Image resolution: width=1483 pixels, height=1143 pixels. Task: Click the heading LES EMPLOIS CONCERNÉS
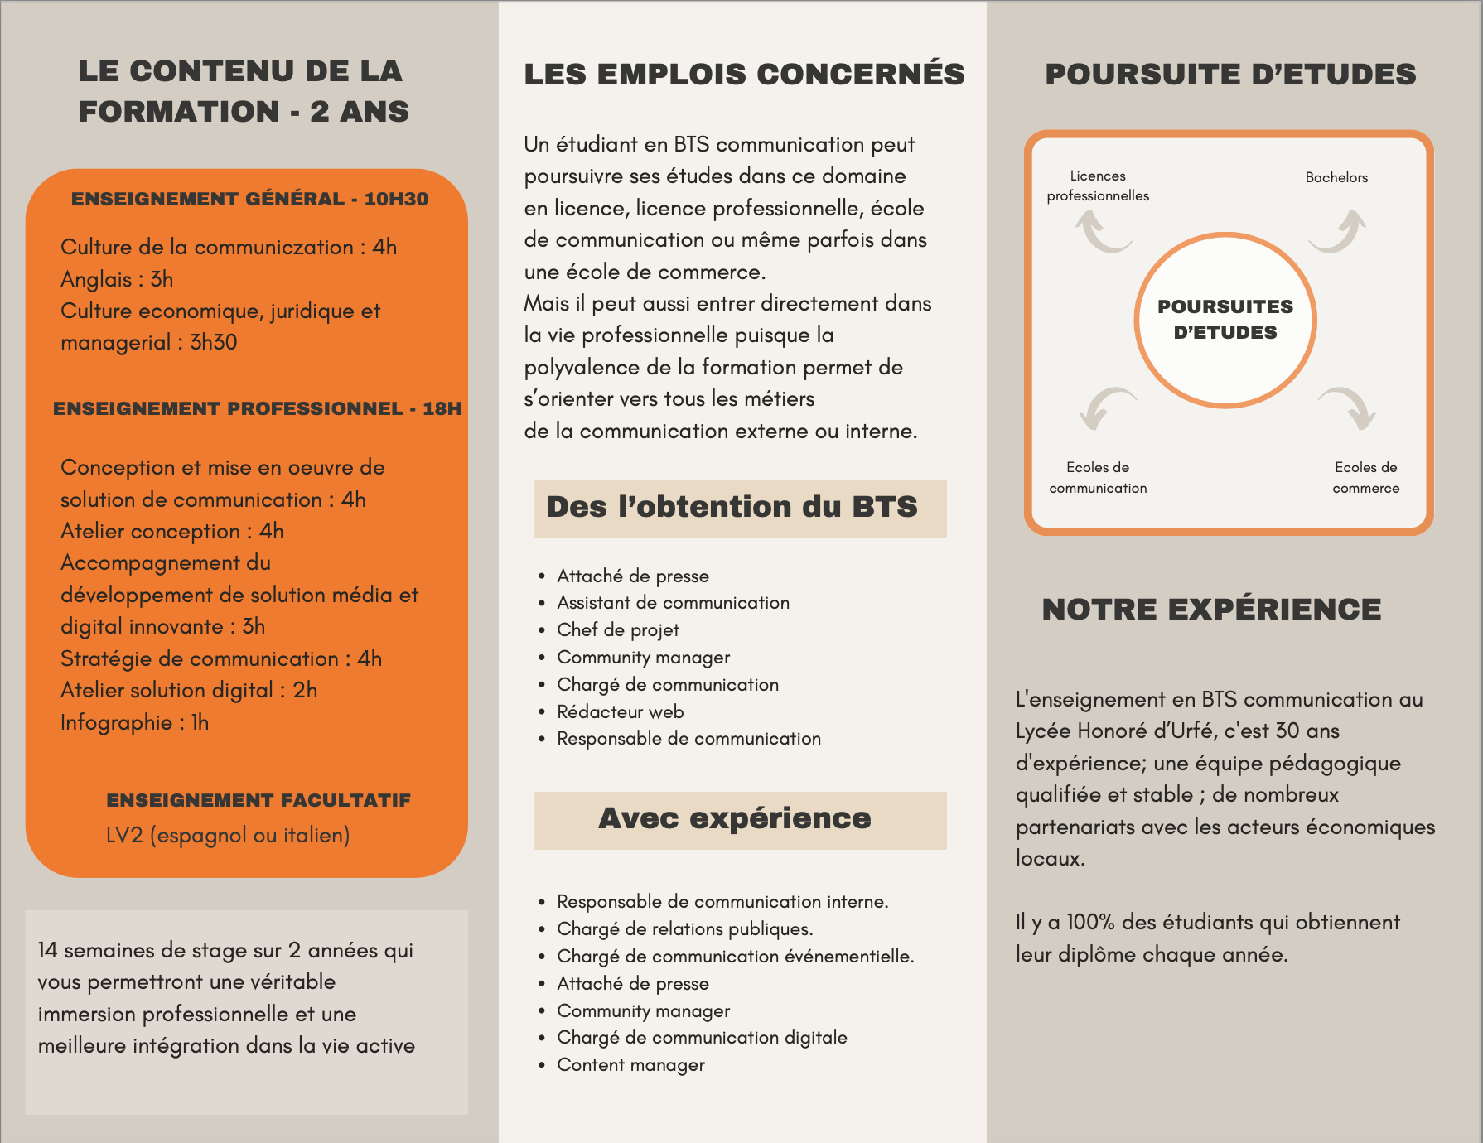(744, 75)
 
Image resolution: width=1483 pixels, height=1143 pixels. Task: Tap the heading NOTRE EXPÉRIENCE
(1211, 610)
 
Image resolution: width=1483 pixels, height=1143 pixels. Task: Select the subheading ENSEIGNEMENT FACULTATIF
(258, 800)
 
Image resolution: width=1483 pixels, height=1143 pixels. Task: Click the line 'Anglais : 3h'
(117, 279)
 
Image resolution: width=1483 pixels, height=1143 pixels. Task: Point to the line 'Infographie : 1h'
(134, 722)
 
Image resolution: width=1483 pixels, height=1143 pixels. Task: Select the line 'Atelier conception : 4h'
(171, 531)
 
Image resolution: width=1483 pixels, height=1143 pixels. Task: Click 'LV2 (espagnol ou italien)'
(228, 835)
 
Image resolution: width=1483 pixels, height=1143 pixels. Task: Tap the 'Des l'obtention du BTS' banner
(740, 508)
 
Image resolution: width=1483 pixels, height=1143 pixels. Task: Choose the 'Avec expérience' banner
(740, 819)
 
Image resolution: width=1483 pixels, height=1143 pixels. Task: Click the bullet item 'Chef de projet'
(618, 629)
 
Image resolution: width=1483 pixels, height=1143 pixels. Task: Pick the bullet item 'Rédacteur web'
(620, 711)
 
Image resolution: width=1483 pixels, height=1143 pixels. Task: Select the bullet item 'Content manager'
(630, 1064)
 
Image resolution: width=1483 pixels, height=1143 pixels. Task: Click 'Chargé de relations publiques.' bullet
(684, 928)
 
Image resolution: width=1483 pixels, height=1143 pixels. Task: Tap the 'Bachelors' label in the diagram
(1336, 177)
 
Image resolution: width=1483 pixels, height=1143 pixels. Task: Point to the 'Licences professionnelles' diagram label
(1098, 186)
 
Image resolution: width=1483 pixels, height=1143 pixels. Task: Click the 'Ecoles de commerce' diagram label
(1365, 478)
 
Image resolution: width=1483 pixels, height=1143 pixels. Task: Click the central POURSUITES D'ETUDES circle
(1225, 320)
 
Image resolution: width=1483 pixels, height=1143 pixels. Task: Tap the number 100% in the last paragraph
(1089, 923)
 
